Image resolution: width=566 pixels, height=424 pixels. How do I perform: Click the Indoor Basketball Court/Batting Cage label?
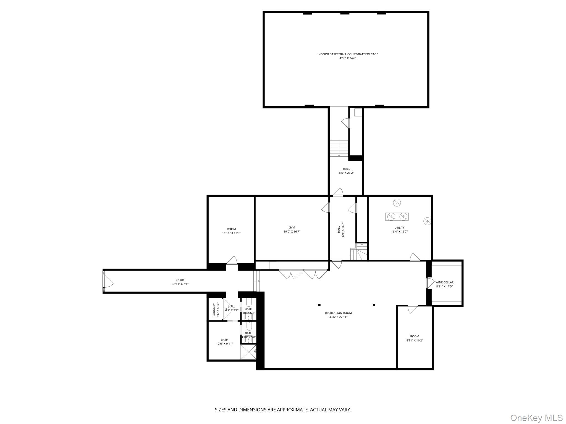pos(347,54)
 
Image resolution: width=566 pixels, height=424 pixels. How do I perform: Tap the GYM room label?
pos(292,227)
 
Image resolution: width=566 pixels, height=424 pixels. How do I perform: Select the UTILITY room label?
pos(399,228)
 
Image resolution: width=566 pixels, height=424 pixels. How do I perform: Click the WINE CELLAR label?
pos(444,282)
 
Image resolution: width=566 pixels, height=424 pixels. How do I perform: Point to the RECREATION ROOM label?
pos(338,313)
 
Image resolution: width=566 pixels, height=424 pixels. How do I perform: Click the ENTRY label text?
pos(180,280)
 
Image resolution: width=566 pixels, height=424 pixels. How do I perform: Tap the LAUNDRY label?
pos(214,310)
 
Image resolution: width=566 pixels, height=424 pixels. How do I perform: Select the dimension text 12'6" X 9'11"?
pos(224,344)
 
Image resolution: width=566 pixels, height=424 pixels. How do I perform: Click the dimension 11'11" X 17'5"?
pos(231,233)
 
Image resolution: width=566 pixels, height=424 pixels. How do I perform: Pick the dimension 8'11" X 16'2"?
pos(415,340)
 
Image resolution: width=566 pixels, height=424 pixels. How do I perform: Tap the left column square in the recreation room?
pos(319,305)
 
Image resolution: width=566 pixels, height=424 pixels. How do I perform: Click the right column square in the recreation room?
pos(374,305)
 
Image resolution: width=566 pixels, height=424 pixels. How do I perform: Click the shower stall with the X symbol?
pos(248,352)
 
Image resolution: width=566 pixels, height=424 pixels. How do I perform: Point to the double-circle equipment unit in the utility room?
pos(397,217)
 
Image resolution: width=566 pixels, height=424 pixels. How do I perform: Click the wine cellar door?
pos(430,283)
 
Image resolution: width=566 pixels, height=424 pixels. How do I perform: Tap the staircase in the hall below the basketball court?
pos(339,148)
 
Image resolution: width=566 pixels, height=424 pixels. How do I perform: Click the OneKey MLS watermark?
pos(536,418)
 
